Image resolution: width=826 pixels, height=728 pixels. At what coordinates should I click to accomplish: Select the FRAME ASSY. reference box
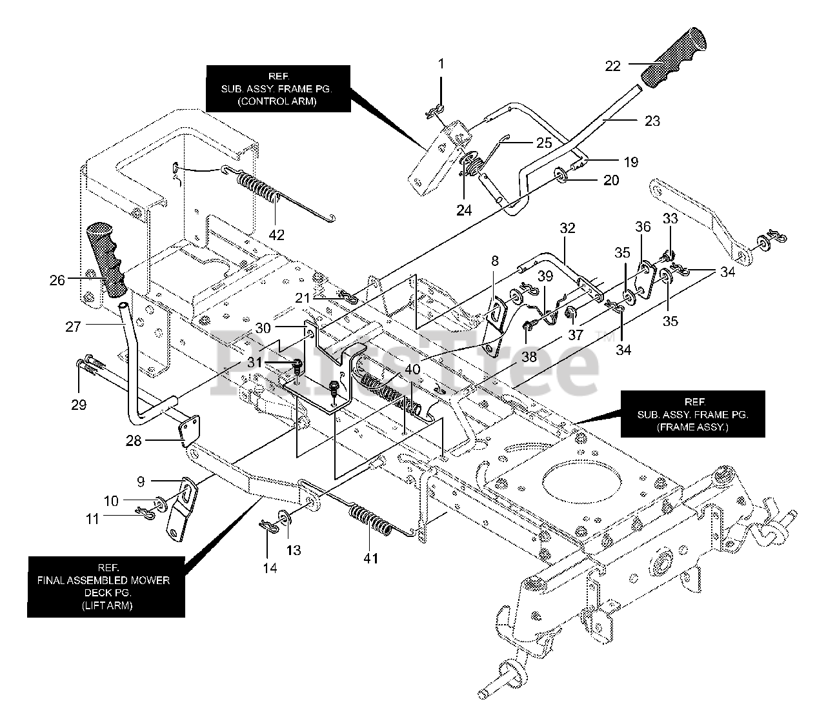click(692, 412)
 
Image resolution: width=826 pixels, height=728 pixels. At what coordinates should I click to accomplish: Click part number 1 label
click(441, 64)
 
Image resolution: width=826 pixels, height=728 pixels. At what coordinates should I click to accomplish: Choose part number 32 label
click(567, 228)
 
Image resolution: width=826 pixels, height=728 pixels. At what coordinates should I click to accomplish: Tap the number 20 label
click(610, 180)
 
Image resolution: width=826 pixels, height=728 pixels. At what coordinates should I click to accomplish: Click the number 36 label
click(642, 227)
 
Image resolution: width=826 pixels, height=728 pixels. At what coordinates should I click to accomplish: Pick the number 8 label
click(495, 261)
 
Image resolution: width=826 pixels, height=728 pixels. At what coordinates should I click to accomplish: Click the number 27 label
click(73, 327)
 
